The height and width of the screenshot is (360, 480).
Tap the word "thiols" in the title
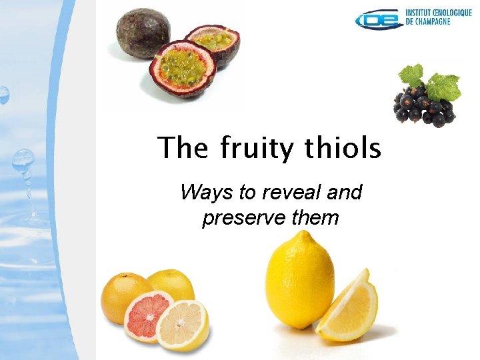click(344, 147)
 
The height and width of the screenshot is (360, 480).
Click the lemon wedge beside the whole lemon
click(349, 306)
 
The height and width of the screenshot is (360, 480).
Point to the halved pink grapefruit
click(148, 314)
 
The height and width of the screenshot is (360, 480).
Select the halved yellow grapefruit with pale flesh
click(182, 325)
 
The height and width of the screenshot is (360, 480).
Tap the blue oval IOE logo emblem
click(380, 20)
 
